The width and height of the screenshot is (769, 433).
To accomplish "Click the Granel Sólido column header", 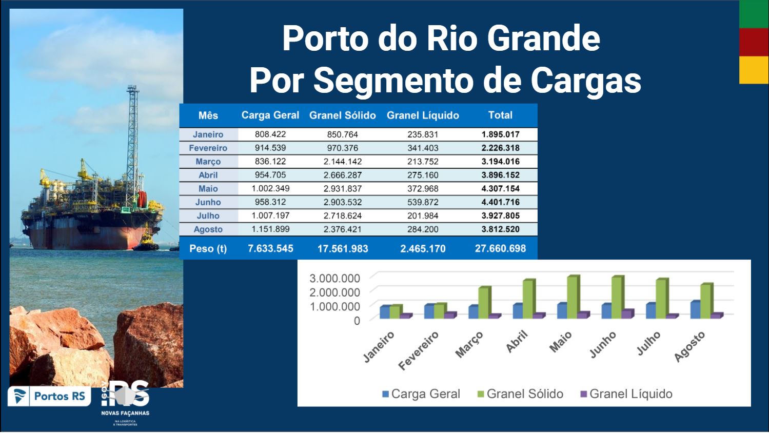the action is tap(342, 115).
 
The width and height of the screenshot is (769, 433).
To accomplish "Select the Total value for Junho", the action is tap(500, 202).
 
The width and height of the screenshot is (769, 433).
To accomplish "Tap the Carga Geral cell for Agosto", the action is tap(270, 229).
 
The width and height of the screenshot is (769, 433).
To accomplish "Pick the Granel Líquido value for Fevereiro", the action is tap(423, 148).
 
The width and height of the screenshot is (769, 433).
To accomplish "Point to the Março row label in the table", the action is tap(208, 162).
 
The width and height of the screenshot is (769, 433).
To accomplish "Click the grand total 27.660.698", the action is tap(500, 249).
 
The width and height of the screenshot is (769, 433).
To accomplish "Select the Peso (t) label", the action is tap(208, 249).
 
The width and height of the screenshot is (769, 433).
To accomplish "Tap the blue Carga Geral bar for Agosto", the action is tap(696, 310).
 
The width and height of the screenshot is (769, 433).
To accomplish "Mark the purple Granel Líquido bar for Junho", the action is tap(627, 314).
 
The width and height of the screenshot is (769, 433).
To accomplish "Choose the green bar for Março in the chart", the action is tap(484, 303).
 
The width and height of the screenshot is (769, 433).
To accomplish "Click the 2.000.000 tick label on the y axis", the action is tap(334, 292).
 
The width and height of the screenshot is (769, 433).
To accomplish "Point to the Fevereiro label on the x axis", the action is tap(419, 350).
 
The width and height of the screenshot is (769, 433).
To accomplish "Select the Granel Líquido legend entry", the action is tap(626, 394).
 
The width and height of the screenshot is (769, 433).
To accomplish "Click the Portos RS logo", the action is tap(49, 396).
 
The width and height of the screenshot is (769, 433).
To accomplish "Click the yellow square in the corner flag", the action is tap(754, 70).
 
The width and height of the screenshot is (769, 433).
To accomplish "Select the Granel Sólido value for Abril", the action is tap(342, 175).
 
